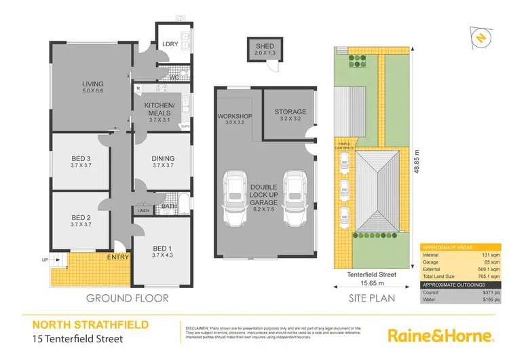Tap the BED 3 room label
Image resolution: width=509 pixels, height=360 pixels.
coord(81,159)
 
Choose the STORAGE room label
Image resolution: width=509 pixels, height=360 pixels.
coord(290,112)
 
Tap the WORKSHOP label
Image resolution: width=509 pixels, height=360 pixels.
coord(235,117)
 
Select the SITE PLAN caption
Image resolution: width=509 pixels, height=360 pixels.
coord(371,298)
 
